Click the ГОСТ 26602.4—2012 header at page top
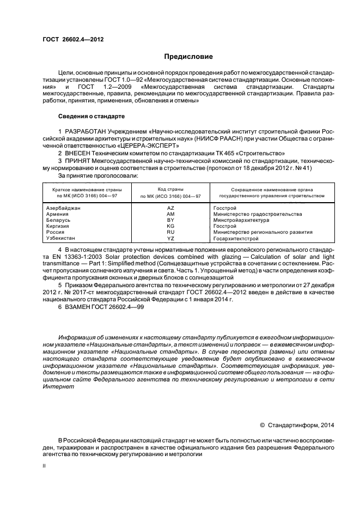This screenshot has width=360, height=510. coord(73,40)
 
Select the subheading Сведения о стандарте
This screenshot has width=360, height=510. coord(91,117)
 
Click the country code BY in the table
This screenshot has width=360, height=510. coord(170,220)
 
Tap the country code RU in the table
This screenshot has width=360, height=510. coord(170,232)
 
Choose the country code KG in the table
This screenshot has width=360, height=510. coord(170,226)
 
